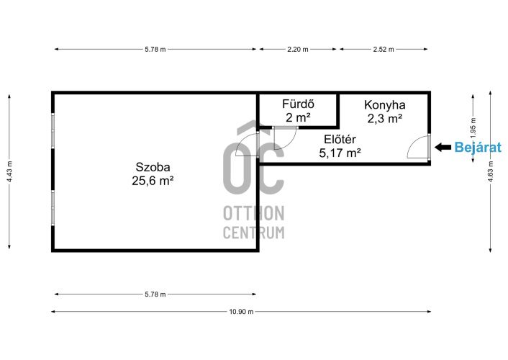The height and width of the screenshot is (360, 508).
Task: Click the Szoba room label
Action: coord(153,167)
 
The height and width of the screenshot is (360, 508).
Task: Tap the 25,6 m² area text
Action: coord(153,181)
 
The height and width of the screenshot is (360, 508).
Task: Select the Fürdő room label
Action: coord(298,104)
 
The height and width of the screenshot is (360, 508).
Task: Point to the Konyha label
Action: coord(384,104)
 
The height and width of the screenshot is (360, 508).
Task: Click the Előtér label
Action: coord(340,140)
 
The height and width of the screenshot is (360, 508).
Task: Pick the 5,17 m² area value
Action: coord(340,153)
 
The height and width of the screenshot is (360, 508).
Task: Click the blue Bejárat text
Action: coord(478,148)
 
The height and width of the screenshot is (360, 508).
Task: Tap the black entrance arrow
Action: coord(443,148)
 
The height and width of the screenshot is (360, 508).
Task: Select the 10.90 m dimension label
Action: coord(241,312)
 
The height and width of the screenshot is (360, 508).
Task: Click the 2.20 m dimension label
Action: coord(298,49)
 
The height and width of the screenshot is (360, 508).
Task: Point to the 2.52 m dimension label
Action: coord(384,49)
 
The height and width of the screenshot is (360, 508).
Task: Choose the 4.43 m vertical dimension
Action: coord(9,171)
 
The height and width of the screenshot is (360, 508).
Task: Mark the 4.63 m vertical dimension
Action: coord(491,171)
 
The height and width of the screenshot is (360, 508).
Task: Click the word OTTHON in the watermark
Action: coord(254,213)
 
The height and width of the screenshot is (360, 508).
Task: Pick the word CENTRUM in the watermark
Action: coord(254,233)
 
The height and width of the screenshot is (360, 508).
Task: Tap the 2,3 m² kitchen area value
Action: coord(385,118)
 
